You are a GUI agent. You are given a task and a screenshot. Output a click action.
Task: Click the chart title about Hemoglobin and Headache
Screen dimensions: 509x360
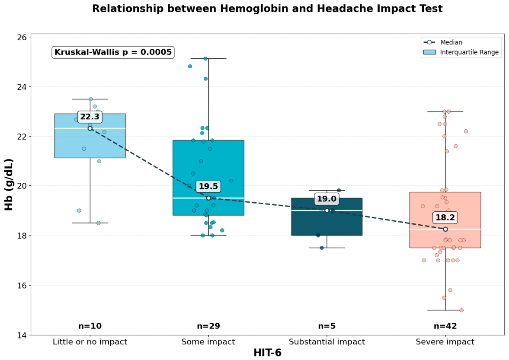pos(267,9)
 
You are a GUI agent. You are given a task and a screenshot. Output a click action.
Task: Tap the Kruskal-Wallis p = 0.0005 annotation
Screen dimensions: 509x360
pos(113,52)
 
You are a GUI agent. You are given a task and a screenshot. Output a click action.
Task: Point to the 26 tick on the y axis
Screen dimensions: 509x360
pos(22,37)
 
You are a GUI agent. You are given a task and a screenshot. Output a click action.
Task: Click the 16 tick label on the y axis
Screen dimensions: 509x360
pos(22,285)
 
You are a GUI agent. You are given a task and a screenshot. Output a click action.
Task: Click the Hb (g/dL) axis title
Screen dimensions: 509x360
pos(9,185)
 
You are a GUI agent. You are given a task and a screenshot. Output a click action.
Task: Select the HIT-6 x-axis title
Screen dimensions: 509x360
pos(268,353)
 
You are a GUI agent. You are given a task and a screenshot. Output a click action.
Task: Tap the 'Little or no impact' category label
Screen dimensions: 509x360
pos(90,342)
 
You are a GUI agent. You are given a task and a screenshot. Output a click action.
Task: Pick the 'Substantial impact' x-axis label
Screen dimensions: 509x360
pos(327,342)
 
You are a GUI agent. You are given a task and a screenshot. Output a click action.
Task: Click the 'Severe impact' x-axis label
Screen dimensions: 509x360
pos(445,342)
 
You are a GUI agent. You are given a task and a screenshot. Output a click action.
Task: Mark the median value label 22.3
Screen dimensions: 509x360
pos(90,116)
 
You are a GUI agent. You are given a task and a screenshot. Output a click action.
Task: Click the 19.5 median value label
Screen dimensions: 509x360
pos(208,186)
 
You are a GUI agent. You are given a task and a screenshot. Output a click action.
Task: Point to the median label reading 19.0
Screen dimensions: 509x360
pos(327,199)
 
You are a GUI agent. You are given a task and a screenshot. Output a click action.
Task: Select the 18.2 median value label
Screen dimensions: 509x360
pos(445,217)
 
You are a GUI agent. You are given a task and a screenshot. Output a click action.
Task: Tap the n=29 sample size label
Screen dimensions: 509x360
pos(208,326)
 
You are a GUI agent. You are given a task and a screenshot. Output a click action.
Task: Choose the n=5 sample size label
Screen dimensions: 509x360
pos(327,326)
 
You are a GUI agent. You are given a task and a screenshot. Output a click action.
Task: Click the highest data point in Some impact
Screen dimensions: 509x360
pos(205,59)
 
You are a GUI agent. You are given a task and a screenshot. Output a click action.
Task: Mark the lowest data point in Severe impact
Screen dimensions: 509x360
pos(461,310)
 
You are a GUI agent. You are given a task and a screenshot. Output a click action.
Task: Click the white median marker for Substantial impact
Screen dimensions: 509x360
pos(327,210)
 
